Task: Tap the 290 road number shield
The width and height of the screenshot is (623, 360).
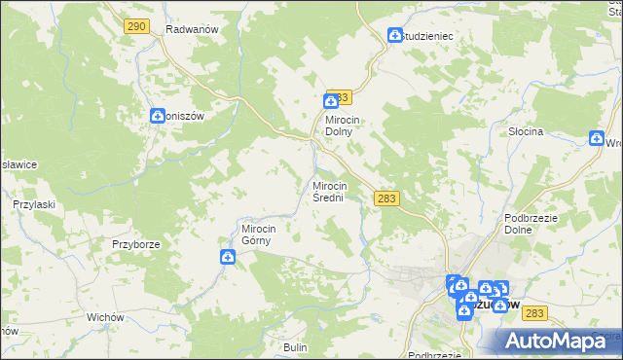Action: click(136, 26)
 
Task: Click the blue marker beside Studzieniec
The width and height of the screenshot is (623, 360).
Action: click(395, 35)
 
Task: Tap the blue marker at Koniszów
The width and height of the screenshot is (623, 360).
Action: click(158, 116)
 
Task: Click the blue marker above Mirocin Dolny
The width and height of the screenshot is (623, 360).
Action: click(331, 100)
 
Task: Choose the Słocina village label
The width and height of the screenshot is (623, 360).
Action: click(525, 130)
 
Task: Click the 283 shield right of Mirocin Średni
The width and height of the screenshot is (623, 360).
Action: click(386, 198)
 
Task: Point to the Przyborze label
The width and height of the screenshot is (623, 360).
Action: click(134, 244)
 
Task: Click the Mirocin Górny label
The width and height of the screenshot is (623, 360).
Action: click(260, 235)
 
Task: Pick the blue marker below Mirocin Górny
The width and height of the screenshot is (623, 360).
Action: click(227, 257)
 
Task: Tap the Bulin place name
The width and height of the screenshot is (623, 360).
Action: click(295, 347)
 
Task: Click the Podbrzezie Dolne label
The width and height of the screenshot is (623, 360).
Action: click(531, 224)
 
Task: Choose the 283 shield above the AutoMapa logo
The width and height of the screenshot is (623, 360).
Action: click(534, 312)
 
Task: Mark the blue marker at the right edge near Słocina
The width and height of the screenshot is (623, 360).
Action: click(596, 140)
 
